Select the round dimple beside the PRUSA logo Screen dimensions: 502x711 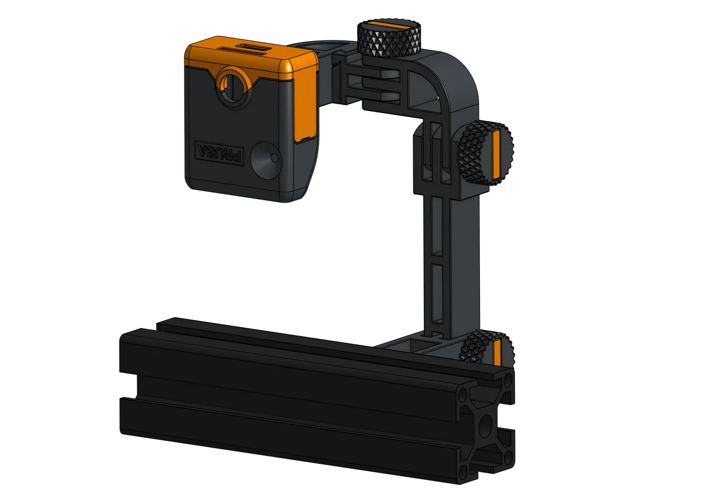[x=264, y=161]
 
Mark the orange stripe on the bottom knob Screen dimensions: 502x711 [x=497, y=352]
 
